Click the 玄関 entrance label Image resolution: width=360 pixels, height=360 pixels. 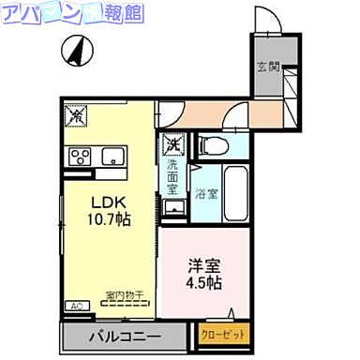point(267,66)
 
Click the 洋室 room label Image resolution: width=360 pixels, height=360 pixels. point(202,264)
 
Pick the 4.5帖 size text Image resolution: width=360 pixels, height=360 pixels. point(202,283)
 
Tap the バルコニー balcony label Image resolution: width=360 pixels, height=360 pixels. point(125,337)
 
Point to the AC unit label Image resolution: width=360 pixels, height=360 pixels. point(74,306)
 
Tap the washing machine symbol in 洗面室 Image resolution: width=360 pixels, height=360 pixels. point(172,144)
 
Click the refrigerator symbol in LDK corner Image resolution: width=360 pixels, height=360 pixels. point(76,115)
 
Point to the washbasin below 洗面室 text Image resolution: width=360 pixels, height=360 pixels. point(173,207)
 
